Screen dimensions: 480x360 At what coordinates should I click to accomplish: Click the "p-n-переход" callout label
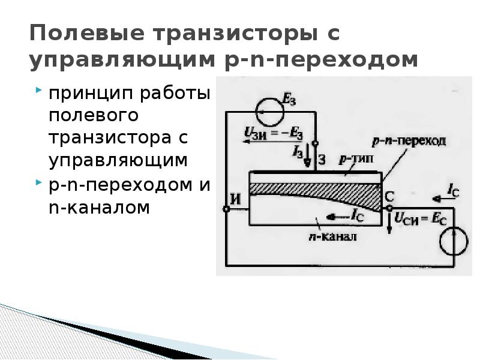pyautogui.click(x=409, y=142)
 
